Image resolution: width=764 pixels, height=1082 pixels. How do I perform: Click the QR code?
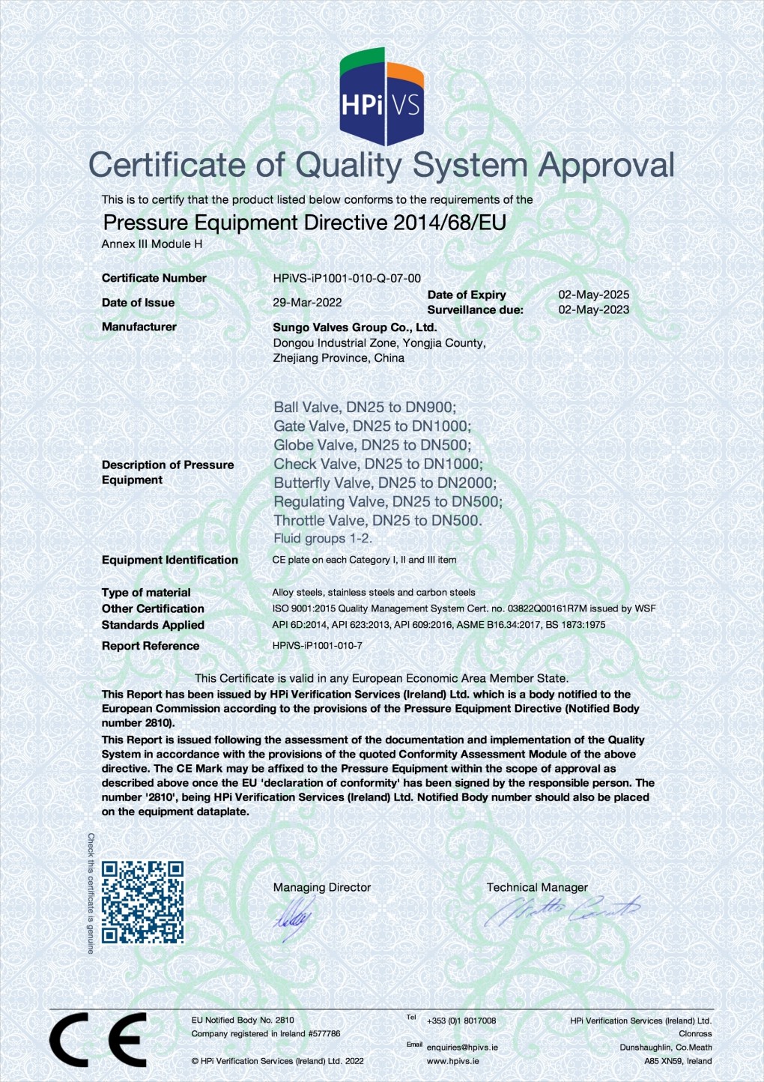pyautogui.click(x=142, y=902)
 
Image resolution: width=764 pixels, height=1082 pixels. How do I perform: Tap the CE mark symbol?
pyautogui.click(x=98, y=1039)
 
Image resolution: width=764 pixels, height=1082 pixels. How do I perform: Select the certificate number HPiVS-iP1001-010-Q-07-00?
pyautogui.click(x=347, y=278)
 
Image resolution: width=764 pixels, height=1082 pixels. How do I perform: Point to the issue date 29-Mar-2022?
pyautogui.click(x=307, y=303)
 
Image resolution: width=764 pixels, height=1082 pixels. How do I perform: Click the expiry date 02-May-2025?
pyautogui.click(x=594, y=294)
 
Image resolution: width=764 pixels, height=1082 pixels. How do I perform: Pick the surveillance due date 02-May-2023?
pyautogui.click(x=594, y=309)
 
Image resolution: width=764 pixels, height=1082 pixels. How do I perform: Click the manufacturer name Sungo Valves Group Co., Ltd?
pyautogui.click(x=354, y=327)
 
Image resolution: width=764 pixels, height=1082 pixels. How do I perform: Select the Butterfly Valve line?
pyautogui.click(x=385, y=483)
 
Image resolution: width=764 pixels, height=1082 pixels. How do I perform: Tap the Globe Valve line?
pyautogui.click(x=372, y=445)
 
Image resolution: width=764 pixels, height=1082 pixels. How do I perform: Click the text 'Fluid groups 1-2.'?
pyautogui.click(x=323, y=538)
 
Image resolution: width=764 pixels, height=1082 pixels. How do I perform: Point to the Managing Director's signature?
pyautogui.click(x=294, y=918)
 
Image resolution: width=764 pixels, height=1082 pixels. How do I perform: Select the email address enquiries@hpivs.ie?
pyautogui.click(x=462, y=1047)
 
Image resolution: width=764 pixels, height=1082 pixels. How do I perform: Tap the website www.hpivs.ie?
pyautogui.click(x=452, y=1061)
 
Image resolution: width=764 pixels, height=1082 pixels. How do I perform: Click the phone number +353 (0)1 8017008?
pyautogui.click(x=461, y=1021)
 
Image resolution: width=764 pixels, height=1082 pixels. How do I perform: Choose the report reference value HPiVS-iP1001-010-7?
pyautogui.click(x=317, y=645)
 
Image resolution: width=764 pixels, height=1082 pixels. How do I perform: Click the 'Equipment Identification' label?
pyautogui.click(x=170, y=560)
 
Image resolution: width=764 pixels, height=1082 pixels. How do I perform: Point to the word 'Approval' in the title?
pyautogui.click(x=607, y=166)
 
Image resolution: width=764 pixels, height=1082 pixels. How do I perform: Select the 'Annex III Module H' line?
pyautogui.click(x=152, y=244)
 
